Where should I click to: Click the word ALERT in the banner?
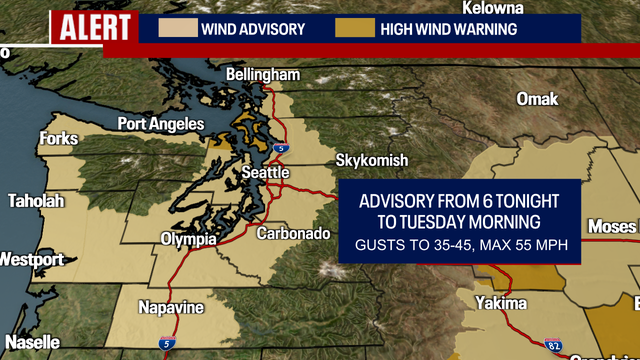coord(91,27)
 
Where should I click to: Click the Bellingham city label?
coord(263,75)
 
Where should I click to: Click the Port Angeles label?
coord(160,124)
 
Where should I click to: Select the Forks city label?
coord(58,139)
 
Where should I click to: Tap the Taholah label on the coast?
coord(35,201)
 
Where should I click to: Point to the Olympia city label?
coord(188,239)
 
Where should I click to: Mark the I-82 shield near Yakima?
coord(555,346)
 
